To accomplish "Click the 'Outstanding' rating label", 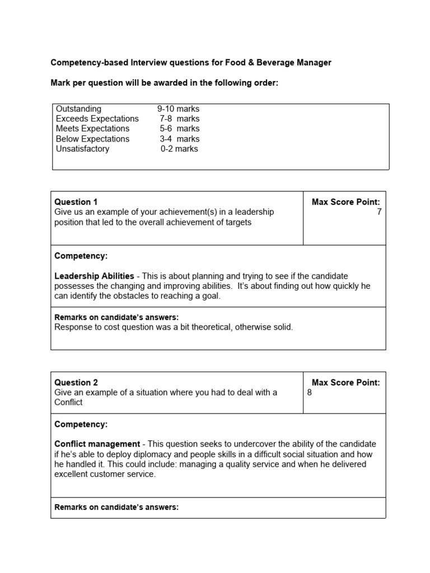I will tap(78, 109).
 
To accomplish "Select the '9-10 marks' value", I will tap(178, 109).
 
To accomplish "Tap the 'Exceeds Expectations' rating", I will tap(97, 119).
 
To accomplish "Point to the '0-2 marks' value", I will tap(179, 149).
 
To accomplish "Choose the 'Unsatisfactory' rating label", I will tap(82, 149).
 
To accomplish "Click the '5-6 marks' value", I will tap(179, 129).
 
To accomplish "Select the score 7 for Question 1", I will tap(379, 212).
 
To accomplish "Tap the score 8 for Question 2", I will tap(310, 393).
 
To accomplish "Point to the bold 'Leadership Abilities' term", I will tap(94, 276).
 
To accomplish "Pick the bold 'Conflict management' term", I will tap(97, 444).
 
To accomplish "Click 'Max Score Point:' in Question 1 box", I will tap(345, 202).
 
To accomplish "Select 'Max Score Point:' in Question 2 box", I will tap(345, 383).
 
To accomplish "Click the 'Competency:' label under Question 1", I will tap(81, 256).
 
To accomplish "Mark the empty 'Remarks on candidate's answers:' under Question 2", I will tap(116, 508).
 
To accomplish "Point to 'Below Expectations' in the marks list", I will tap(92, 139).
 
